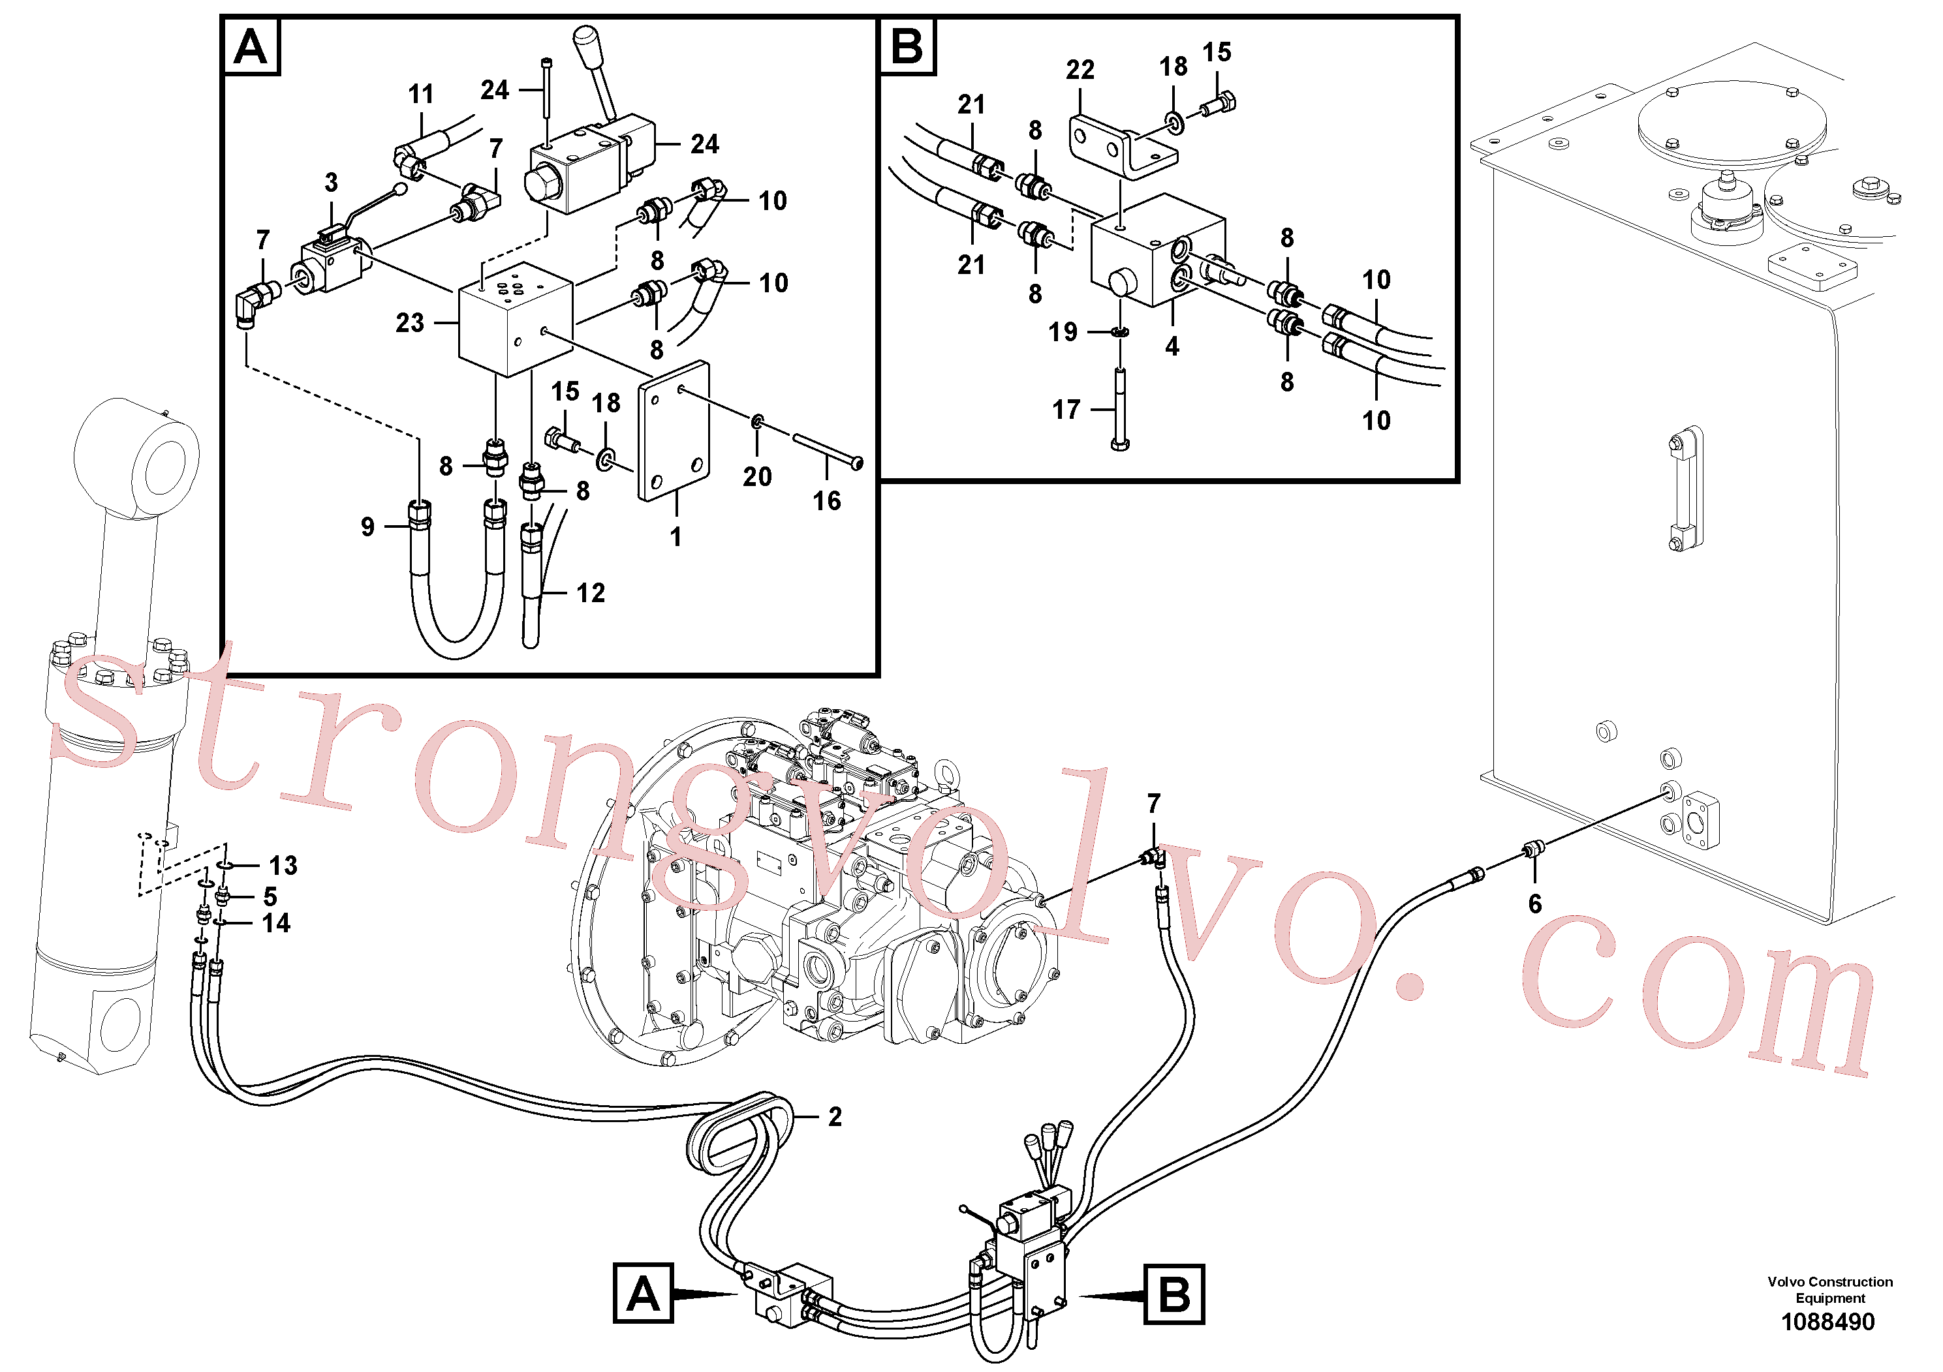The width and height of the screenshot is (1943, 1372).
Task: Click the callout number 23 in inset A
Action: pyautogui.click(x=410, y=322)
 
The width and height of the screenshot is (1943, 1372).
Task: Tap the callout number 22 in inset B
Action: pyautogui.click(x=1080, y=69)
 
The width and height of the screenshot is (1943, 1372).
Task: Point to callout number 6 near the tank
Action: pyautogui.click(x=1535, y=904)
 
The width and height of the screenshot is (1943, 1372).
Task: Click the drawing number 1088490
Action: pyautogui.click(x=1828, y=1321)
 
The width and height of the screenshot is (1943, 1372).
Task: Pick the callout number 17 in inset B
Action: pyautogui.click(x=1066, y=410)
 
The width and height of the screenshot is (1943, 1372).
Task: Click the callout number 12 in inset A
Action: pyautogui.click(x=591, y=593)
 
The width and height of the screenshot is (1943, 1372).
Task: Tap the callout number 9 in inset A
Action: pyautogui.click(x=367, y=527)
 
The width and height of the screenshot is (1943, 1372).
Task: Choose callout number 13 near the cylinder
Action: pyautogui.click(x=283, y=865)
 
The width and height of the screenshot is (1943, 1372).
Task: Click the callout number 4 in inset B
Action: pyautogui.click(x=1172, y=346)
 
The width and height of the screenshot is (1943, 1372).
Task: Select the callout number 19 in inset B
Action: pyautogui.click(x=1063, y=331)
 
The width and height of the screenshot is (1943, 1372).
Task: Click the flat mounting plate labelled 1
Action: pyautogui.click(x=674, y=431)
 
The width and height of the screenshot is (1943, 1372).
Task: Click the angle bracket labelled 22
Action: pyautogui.click(x=1122, y=148)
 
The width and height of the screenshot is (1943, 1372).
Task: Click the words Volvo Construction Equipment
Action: pyautogui.click(x=1829, y=1290)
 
